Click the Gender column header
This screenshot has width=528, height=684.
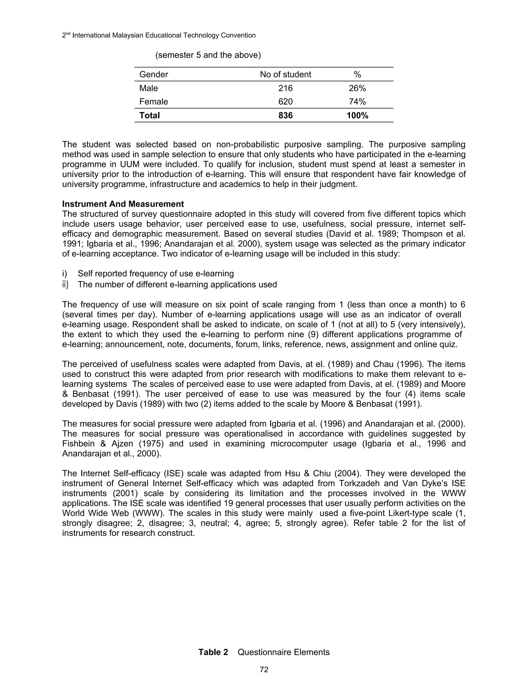pos(154,74)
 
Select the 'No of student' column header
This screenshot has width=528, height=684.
pos(285,74)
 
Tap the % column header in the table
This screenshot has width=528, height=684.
pos(357,74)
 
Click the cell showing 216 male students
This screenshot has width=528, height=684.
pos(285,88)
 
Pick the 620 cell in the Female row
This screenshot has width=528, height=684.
pos(285,101)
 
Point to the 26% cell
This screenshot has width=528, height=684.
pos(357,88)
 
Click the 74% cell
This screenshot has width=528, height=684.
pos(357,101)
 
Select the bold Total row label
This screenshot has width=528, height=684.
pos(150,115)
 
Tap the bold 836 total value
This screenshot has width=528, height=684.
pos(285,115)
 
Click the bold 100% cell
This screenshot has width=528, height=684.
pos(357,115)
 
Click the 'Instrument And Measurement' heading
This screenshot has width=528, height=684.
pos(123,204)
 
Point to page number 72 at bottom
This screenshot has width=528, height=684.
pos(264,670)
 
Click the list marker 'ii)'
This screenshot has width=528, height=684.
pos(65,284)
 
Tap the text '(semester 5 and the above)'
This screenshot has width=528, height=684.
pos(208,55)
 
